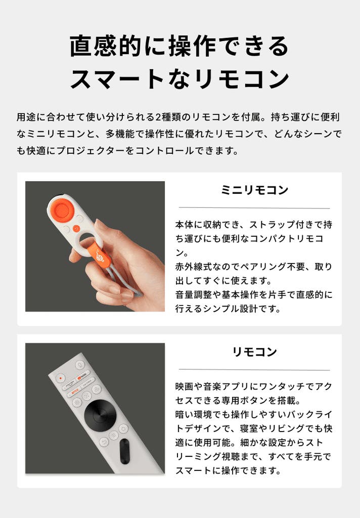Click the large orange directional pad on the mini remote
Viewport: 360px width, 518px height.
tap(62, 209)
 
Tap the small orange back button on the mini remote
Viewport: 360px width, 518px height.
tap(77, 228)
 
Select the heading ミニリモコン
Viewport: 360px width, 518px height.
tap(254, 190)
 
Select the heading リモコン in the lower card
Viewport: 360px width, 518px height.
tap(254, 352)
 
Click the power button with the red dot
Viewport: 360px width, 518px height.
tap(61, 377)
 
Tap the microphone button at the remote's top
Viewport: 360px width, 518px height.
tap(79, 364)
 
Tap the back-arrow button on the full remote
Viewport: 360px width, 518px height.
tap(104, 442)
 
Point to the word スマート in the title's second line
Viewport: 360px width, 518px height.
tap(117, 79)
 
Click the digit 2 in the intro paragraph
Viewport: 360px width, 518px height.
tap(158, 117)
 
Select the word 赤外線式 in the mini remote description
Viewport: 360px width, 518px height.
tap(194, 266)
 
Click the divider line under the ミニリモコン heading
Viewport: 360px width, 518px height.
tap(254, 208)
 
